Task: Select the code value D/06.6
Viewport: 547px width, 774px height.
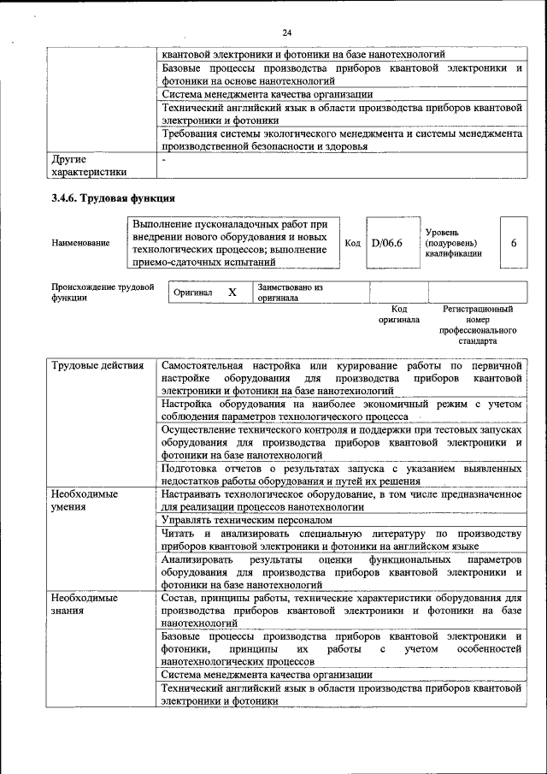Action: point(386,243)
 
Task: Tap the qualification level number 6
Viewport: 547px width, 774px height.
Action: point(514,243)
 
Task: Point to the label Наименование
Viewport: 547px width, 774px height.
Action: point(80,244)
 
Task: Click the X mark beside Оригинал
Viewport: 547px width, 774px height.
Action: point(232,292)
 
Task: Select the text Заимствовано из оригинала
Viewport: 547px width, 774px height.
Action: point(290,293)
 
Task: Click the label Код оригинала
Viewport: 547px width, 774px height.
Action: point(399,314)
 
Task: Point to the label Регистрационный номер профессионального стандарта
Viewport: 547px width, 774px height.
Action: point(478,324)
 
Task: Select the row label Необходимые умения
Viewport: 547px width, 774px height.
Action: point(84,499)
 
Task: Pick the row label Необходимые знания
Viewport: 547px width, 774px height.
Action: point(84,604)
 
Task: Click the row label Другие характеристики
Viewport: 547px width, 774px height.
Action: point(88,165)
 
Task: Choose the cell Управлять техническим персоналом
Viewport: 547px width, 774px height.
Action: point(246,519)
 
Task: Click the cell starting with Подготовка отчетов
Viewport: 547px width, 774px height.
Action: point(340,475)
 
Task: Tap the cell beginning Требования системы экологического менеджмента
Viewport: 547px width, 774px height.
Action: point(340,139)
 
